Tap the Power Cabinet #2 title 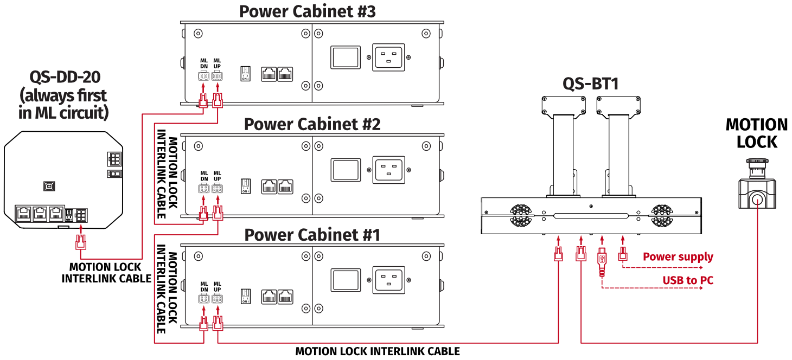312,124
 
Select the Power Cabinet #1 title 312,235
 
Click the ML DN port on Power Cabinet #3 203,76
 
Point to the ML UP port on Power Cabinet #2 217,189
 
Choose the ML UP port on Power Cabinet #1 217,299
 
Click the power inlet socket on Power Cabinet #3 387,57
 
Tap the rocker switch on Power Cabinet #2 346,169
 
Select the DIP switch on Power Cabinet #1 245,295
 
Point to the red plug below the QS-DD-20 80,241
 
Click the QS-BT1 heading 590,83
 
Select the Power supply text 678,256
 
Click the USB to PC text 687,280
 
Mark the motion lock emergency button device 757,187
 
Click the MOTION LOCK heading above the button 757,133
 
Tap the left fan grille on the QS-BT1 521,216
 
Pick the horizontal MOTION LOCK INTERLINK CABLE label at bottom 378,352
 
